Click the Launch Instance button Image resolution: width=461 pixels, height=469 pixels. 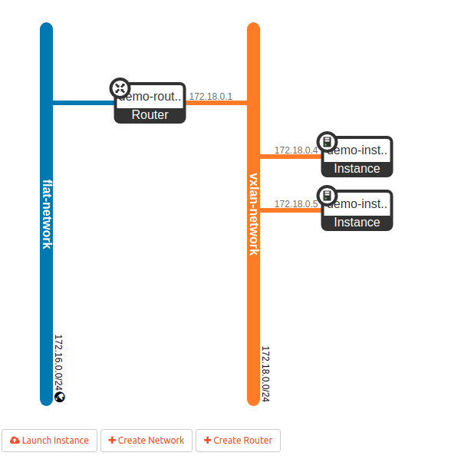50,441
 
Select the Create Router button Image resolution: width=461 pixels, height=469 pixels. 239,441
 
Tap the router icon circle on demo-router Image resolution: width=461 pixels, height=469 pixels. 120,88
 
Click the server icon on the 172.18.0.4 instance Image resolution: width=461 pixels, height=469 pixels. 327,142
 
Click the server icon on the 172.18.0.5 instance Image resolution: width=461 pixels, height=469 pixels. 327,196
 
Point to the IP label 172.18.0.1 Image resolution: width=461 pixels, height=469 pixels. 211,97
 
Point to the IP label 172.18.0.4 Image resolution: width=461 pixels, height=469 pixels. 295,150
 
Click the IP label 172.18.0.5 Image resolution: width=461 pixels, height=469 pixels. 295,204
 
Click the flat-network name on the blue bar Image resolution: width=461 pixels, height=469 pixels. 47,213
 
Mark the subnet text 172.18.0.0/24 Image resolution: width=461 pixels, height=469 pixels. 265,374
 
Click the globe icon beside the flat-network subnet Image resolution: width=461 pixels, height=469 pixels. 60,397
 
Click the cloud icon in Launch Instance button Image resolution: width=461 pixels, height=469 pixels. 15,441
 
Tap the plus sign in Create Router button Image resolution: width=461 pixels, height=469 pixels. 207,441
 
